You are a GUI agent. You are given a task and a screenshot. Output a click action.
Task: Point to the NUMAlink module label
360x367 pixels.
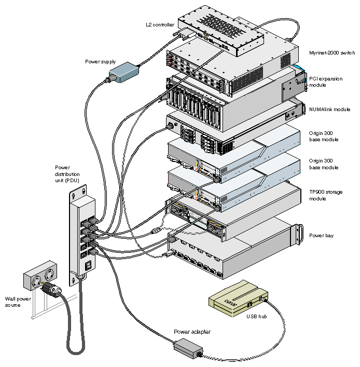click(x=329, y=110)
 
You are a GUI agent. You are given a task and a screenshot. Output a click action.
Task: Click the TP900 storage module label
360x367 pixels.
click(x=325, y=195)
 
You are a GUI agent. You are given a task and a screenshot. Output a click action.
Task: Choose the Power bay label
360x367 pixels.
click(x=321, y=236)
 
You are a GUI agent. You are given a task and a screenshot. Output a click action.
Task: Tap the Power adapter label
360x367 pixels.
click(x=192, y=331)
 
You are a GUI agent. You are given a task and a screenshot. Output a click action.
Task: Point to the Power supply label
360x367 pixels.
click(x=100, y=62)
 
